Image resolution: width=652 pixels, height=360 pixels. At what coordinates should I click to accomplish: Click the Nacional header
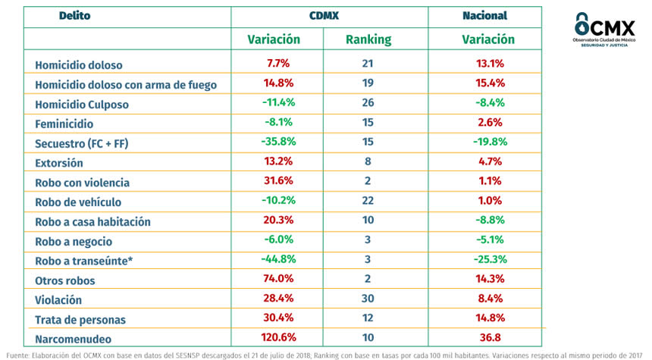(484, 16)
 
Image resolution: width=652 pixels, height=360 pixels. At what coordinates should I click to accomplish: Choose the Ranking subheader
(368, 39)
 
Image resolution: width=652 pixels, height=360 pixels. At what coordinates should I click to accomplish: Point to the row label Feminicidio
(64, 124)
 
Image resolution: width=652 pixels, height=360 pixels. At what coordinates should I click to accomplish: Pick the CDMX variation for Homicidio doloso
(277, 64)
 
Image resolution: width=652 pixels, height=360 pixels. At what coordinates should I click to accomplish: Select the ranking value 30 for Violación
(368, 300)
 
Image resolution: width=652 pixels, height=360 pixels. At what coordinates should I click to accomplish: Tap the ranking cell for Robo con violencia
(368, 182)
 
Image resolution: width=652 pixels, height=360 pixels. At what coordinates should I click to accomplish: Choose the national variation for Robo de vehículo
(486, 202)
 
